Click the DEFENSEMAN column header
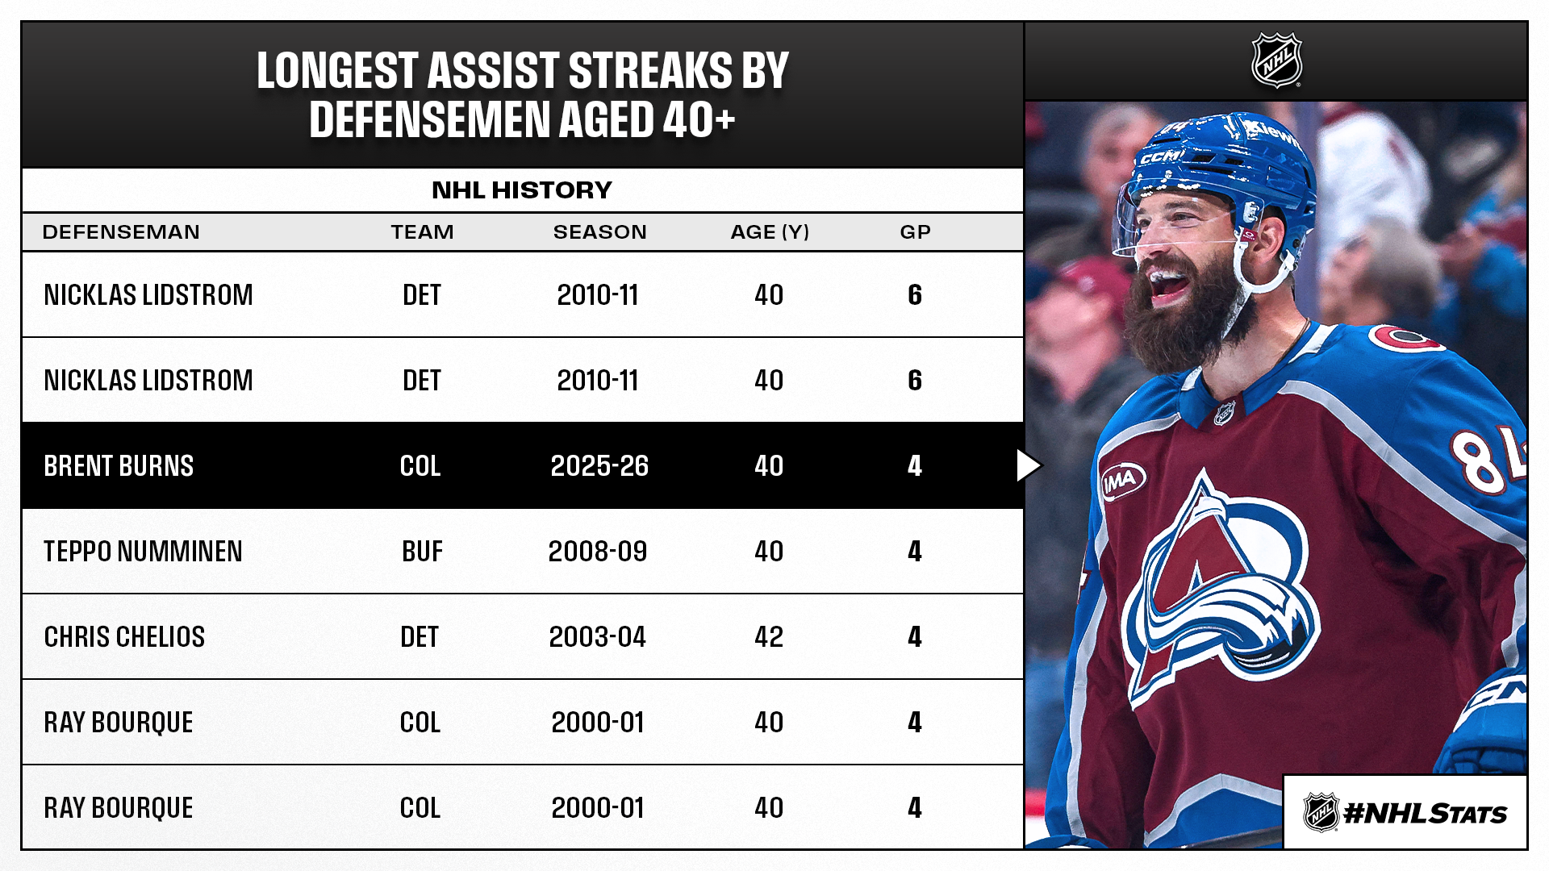coord(121,232)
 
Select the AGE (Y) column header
coord(770,232)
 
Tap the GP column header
coord(915,232)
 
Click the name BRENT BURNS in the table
coord(119,466)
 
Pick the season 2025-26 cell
coord(599,466)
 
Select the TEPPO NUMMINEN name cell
coord(143,552)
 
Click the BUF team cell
coord(422,552)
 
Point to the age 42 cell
coord(769,637)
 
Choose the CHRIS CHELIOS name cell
coord(124,637)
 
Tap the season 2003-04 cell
coord(598,637)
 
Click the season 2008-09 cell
coord(598,552)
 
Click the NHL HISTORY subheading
coord(522,190)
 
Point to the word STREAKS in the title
coord(650,71)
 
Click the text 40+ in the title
coord(699,120)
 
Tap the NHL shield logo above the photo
coord(1276,60)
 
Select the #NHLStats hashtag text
coord(1425,813)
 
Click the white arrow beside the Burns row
coord(1029,465)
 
